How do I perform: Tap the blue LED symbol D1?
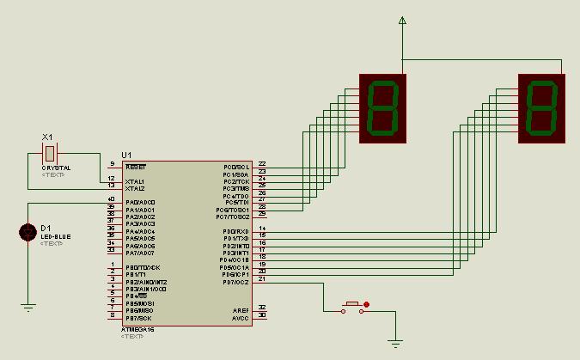click(27, 232)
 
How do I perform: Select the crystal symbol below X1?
click(50, 153)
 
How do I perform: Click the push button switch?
click(352, 305)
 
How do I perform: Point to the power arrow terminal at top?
click(402, 21)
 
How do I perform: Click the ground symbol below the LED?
click(27, 307)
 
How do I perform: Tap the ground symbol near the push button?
click(395, 344)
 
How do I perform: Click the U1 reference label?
click(126, 154)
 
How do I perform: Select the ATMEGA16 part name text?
click(137, 329)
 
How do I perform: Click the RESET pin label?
click(136, 167)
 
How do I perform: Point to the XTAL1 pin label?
click(135, 181)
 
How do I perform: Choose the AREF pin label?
click(241, 310)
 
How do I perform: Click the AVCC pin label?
click(241, 318)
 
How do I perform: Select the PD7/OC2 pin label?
click(235, 282)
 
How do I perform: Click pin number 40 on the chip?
click(111, 198)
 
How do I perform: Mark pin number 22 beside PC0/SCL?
click(262, 163)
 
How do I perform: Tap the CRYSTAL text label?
click(56, 168)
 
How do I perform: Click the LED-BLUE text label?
click(56, 236)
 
